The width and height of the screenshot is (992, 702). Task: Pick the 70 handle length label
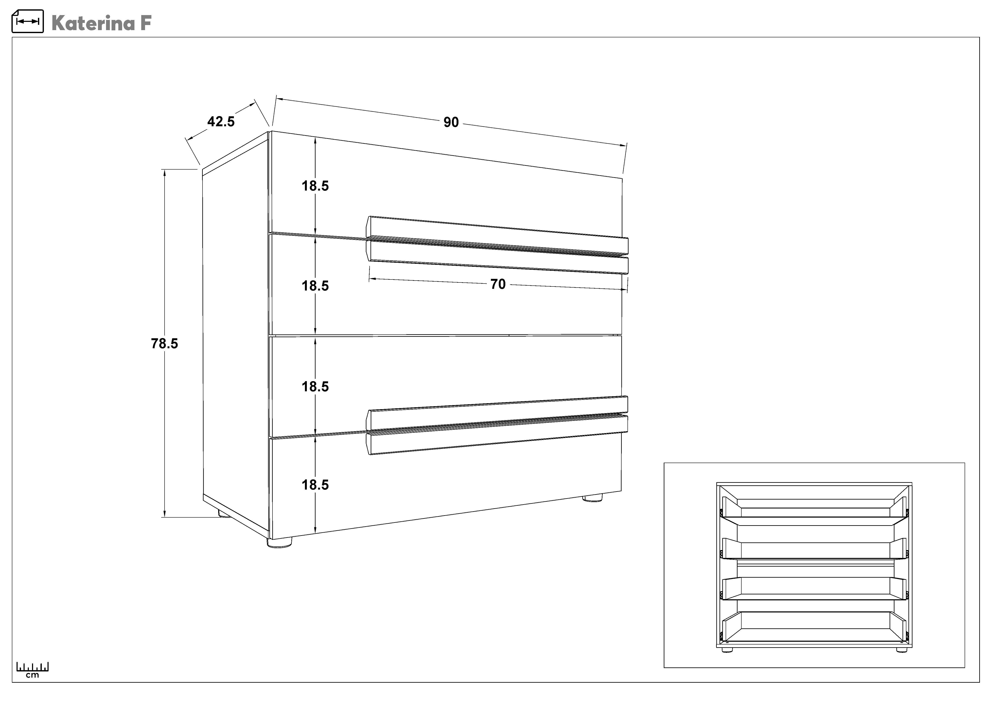click(x=498, y=284)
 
